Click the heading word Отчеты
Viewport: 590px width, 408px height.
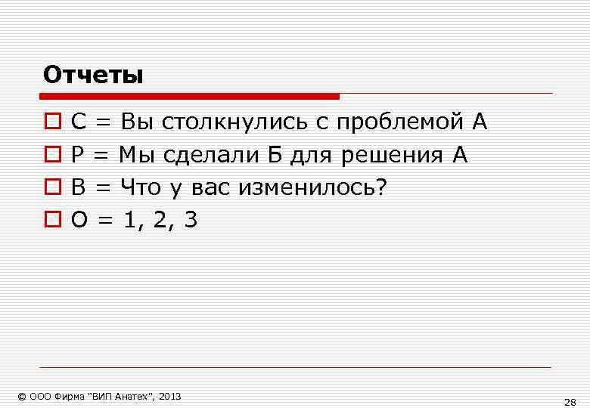(x=93, y=76)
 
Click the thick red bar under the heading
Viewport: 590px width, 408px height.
(x=189, y=97)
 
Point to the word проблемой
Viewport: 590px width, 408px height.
(x=398, y=122)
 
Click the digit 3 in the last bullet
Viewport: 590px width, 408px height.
(x=190, y=220)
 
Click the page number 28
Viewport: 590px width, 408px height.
(x=570, y=401)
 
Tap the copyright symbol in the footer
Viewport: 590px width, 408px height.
(x=22, y=396)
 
